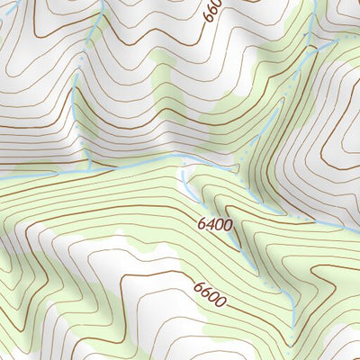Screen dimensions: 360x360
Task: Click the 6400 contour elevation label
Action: (216, 223)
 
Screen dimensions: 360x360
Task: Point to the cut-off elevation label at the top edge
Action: (211, 12)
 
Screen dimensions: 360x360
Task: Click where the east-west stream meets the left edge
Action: (2, 177)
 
